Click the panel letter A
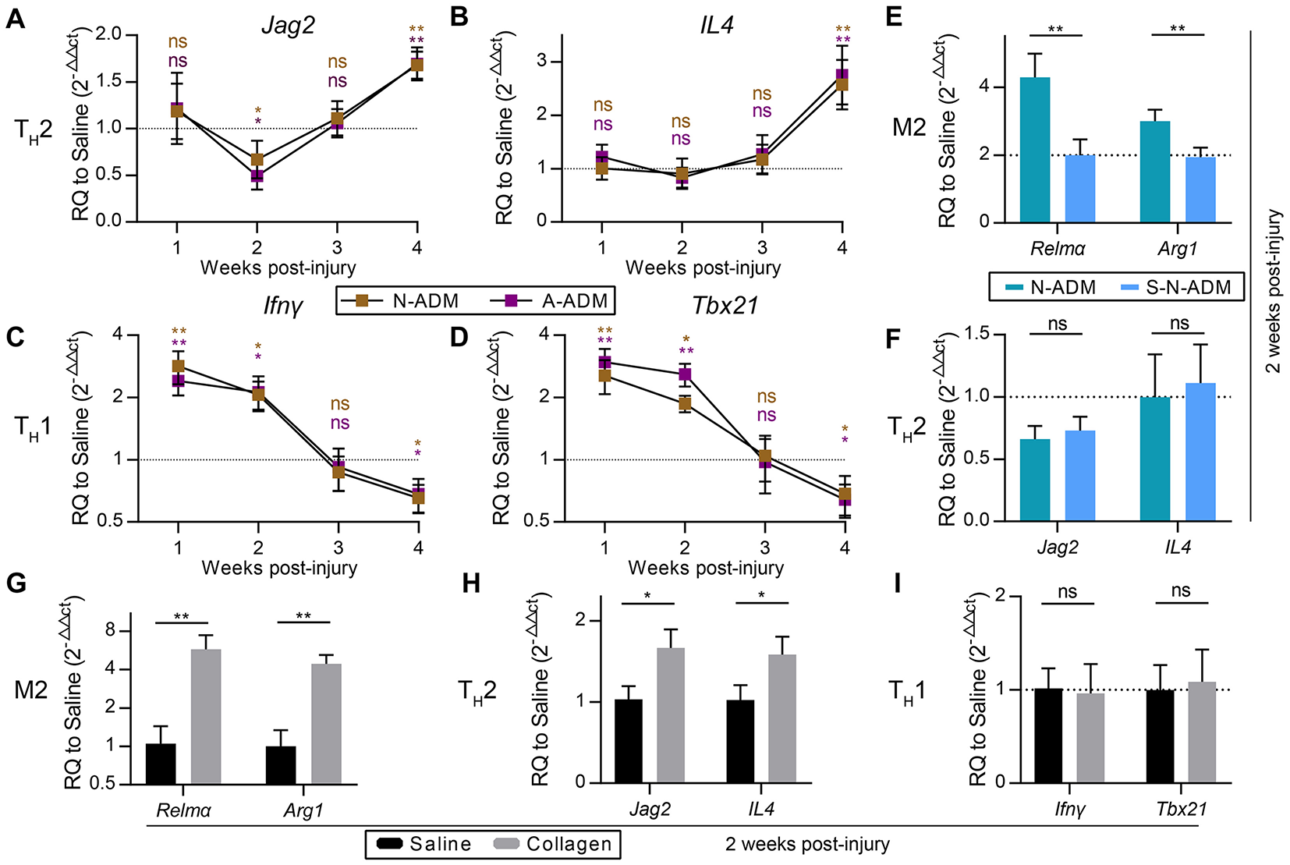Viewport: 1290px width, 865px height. pyautogui.click(x=15, y=19)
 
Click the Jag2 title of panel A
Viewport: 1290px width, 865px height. pyautogui.click(x=288, y=26)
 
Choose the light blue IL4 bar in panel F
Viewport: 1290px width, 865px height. pyautogui.click(x=1200, y=452)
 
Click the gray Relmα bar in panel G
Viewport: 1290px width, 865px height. pyautogui.click(x=206, y=716)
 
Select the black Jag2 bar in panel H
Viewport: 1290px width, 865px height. pyautogui.click(x=628, y=741)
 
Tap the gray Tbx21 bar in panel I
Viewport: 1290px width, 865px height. pyautogui.click(x=1201, y=732)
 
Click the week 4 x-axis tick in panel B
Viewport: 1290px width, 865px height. pyautogui.click(x=842, y=248)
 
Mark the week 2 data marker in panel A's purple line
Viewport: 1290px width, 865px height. pyautogui.click(x=257, y=175)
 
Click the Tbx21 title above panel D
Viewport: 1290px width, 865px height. pyautogui.click(x=725, y=305)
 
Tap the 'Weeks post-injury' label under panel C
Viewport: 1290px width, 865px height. pyautogui.click(x=279, y=568)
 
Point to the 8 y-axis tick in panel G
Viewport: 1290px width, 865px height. pyautogui.click(x=109, y=629)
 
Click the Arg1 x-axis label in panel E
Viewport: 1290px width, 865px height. pyautogui.click(x=1177, y=249)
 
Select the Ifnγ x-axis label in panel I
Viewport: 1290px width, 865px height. pyautogui.click(x=1070, y=810)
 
